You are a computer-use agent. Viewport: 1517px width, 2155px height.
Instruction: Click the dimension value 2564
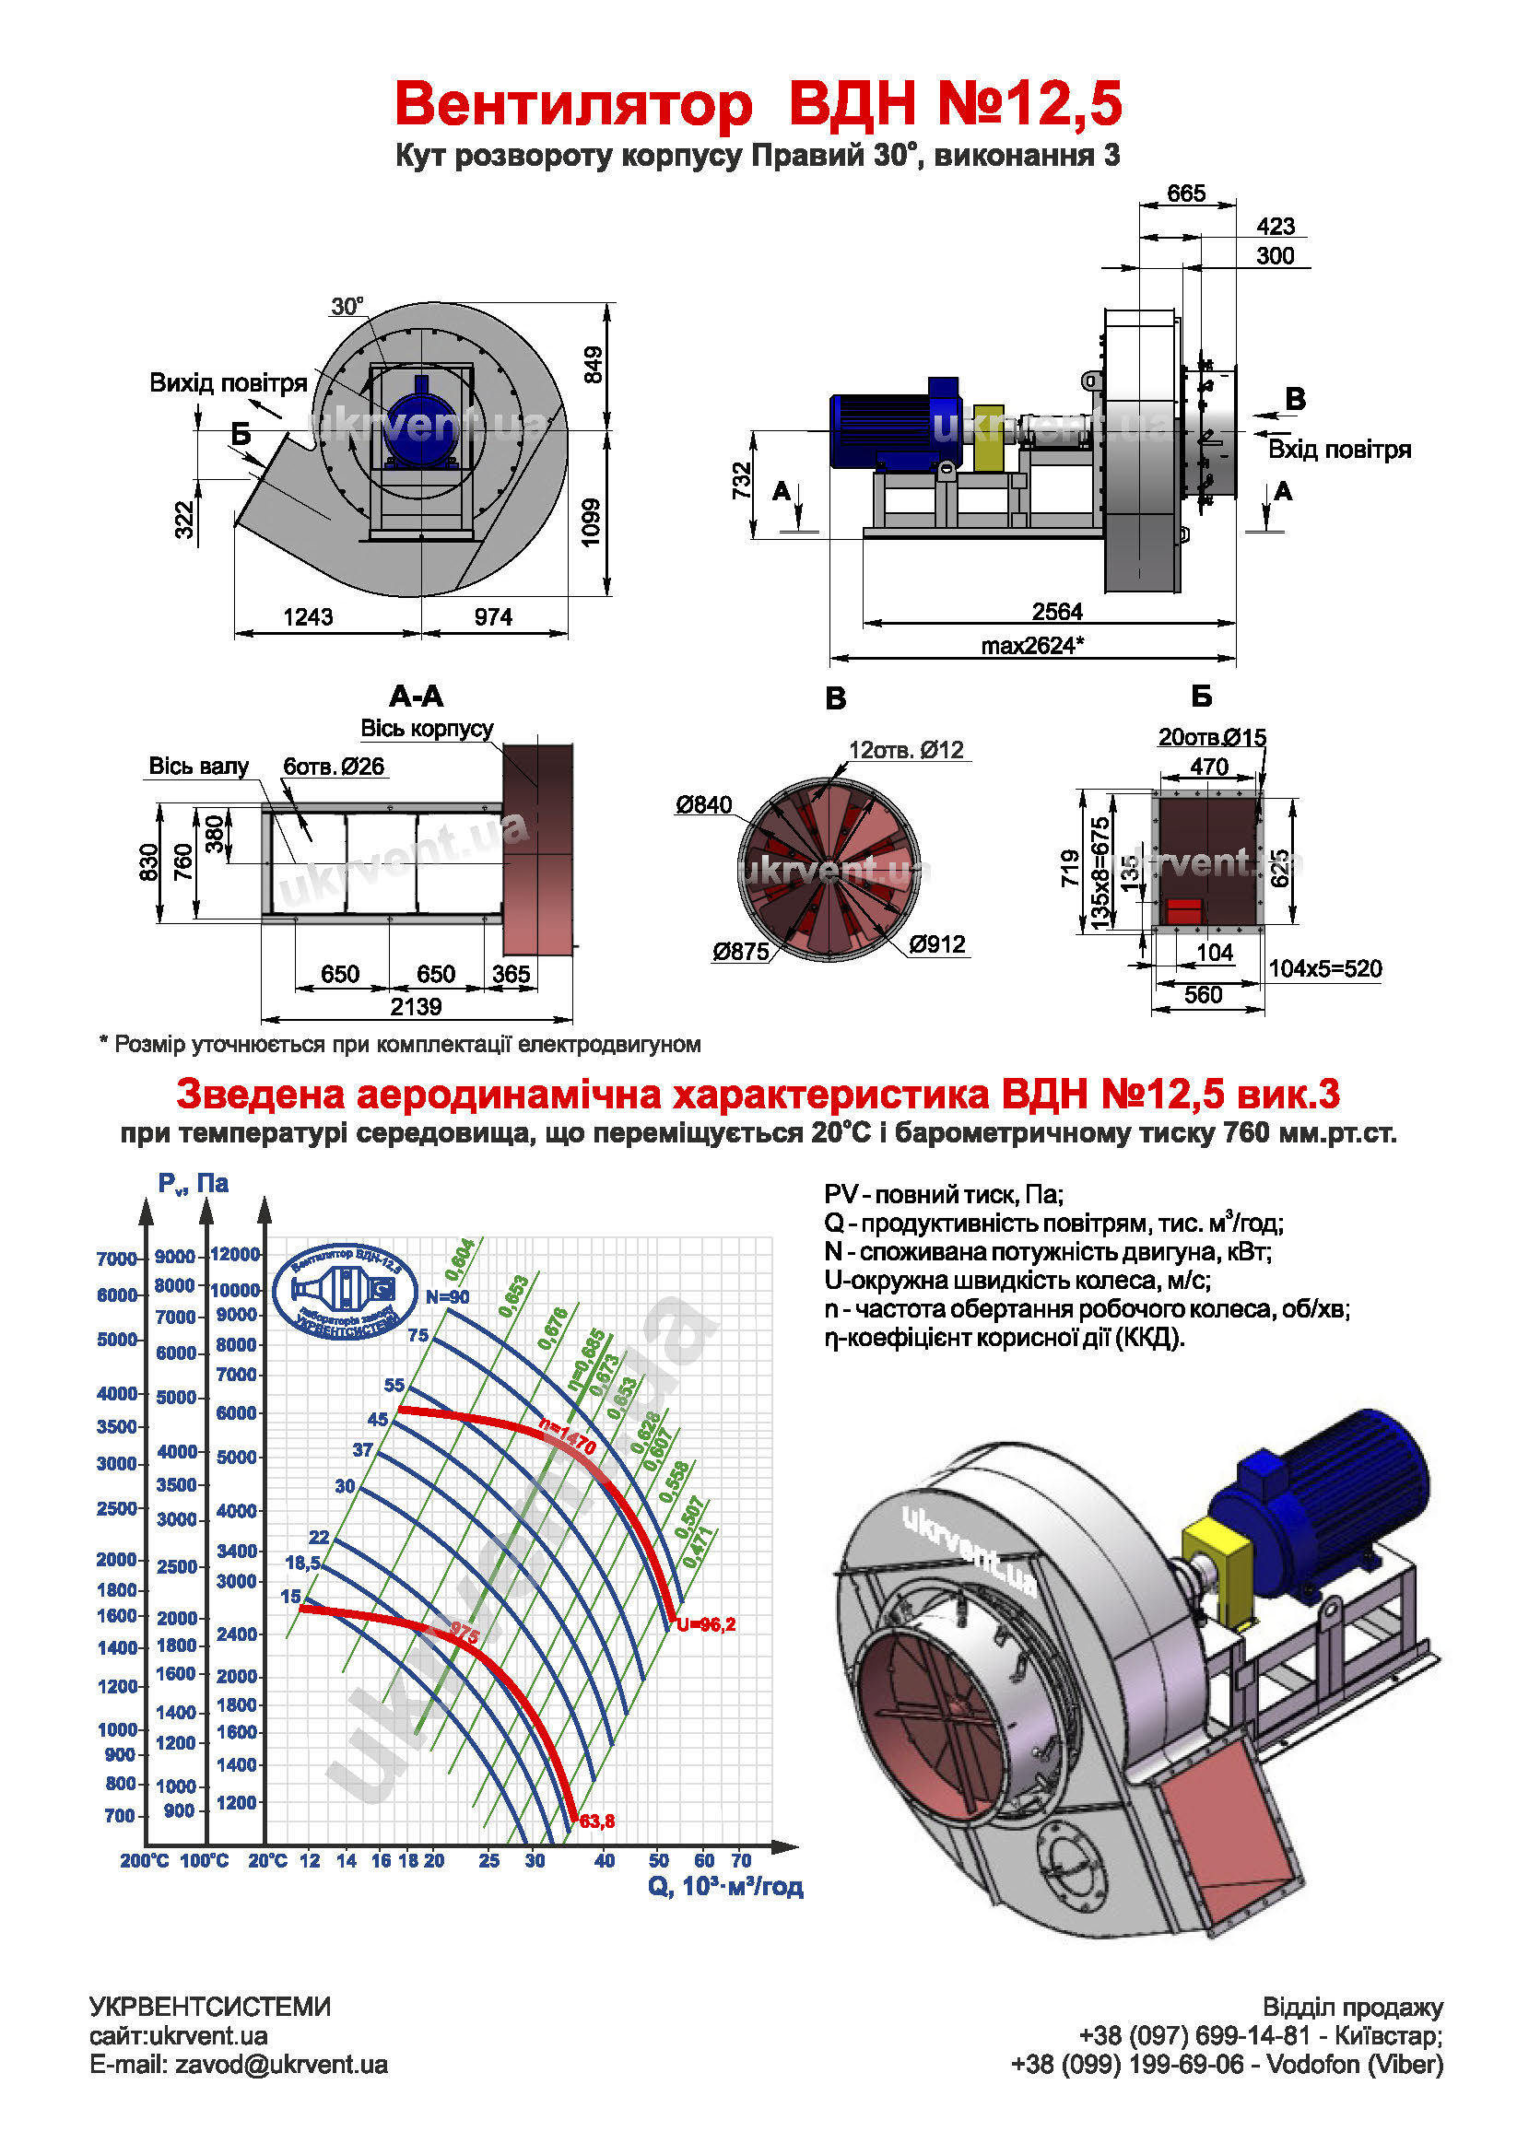[x=1056, y=611]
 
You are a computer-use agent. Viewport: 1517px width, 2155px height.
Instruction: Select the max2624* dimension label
[x=1031, y=646]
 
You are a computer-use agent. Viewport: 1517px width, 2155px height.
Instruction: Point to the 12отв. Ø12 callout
[x=905, y=750]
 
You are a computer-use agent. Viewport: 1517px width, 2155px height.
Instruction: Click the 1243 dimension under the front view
[x=308, y=616]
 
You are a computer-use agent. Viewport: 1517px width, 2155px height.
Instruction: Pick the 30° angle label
[x=347, y=307]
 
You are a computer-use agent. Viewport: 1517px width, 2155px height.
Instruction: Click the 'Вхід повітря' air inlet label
[x=1338, y=450]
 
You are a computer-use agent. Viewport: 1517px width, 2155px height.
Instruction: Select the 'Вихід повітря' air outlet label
[x=229, y=383]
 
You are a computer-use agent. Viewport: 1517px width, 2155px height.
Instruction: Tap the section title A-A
[x=416, y=697]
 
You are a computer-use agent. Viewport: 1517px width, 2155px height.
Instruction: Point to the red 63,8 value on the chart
[x=597, y=1821]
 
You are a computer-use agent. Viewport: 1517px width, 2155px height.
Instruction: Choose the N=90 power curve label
[x=447, y=1297]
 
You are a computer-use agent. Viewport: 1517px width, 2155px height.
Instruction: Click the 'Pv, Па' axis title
[x=193, y=1184]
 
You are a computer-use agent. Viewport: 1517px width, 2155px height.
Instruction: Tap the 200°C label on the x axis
[x=144, y=1860]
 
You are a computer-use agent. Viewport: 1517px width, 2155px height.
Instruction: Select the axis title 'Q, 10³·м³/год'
[x=724, y=1887]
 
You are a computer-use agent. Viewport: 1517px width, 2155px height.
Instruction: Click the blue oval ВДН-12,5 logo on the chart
[x=345, y=1292]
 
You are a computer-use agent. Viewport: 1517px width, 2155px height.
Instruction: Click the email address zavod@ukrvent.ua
[x=281, y=2065]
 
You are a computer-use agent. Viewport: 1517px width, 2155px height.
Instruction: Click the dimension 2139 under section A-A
[x=415, y=1006]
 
